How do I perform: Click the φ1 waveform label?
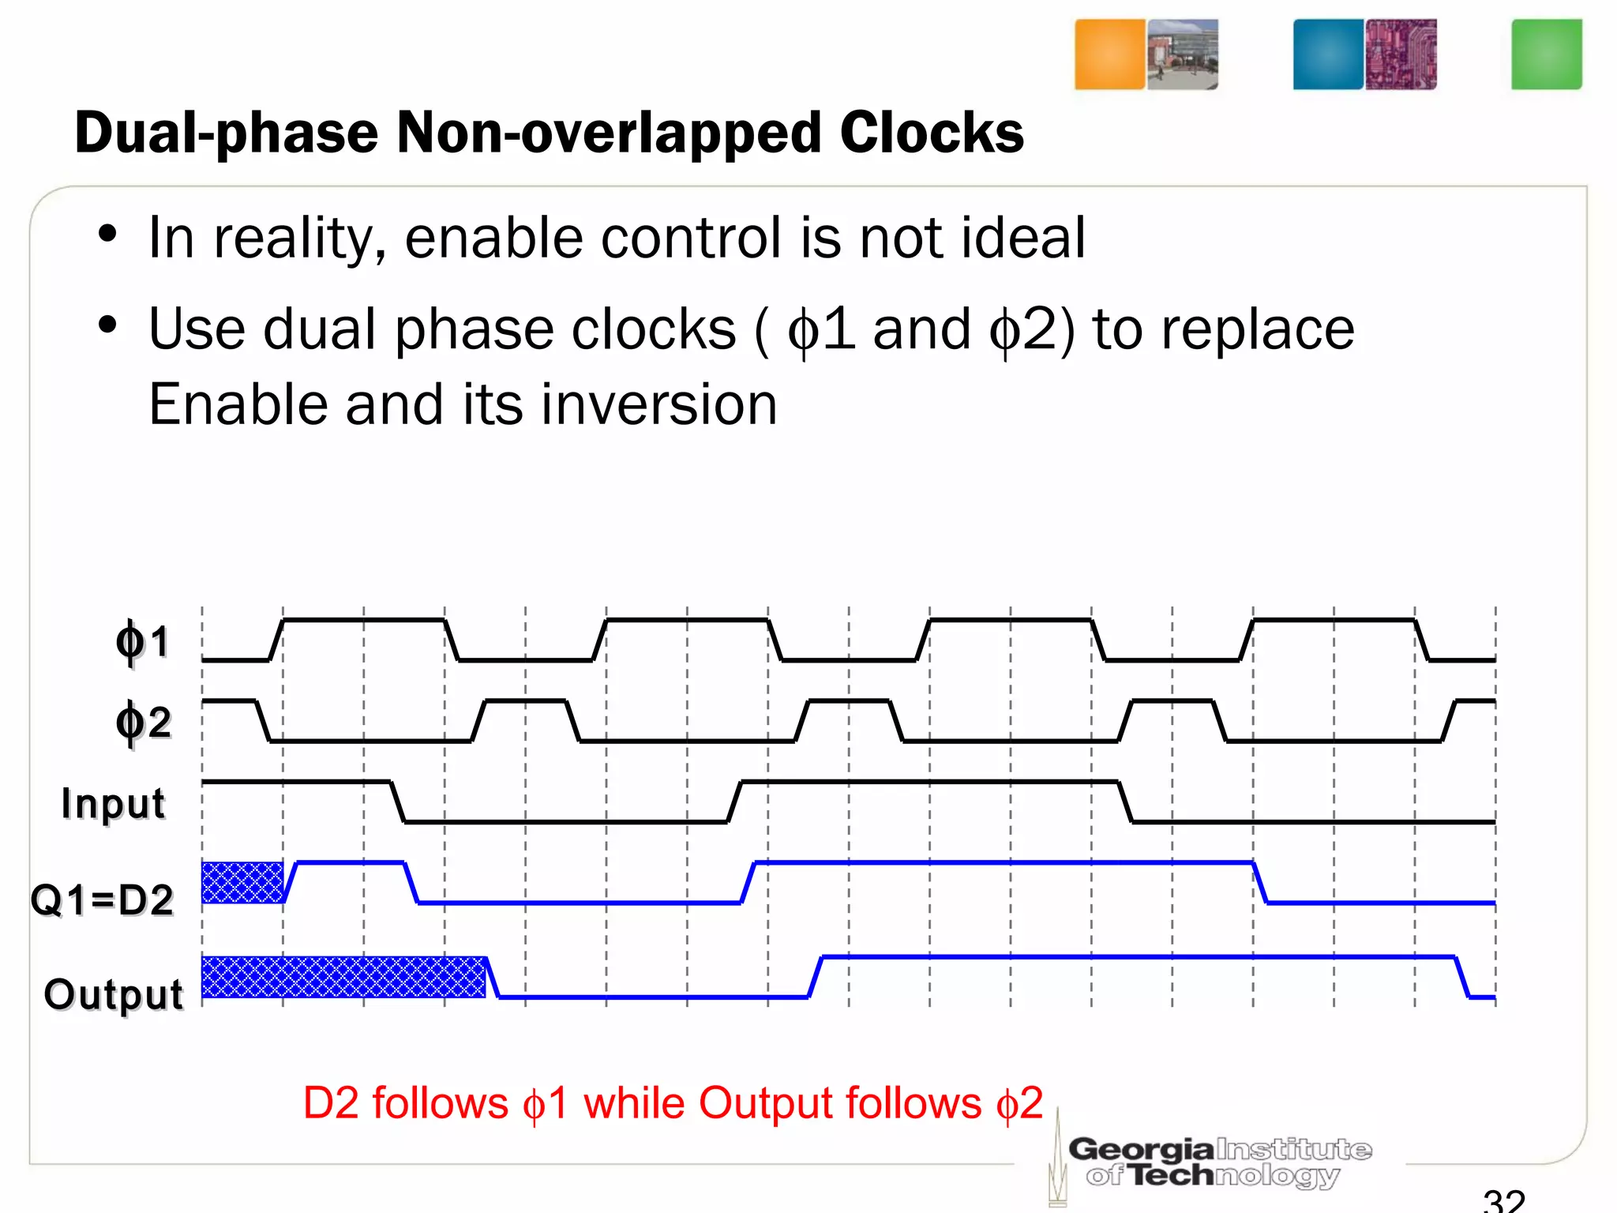pos(143,641)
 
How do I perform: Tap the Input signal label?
pos(114,804)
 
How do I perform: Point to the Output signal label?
pos(114,993)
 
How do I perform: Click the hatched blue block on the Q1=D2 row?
pos(242,882)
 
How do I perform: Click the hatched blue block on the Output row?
pos(343,977)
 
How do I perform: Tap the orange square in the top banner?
pos(1109,54)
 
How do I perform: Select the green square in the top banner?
pos(1546,54)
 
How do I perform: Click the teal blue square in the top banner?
pos(1328,54)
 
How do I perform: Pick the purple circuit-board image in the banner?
pos(1401,54)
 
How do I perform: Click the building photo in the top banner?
pos(1182,54)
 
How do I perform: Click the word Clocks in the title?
pos(932,132)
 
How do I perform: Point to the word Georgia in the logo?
pos(1141,1149)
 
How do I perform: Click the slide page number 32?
pos(1503,1200)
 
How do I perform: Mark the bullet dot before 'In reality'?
pos(107,235)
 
